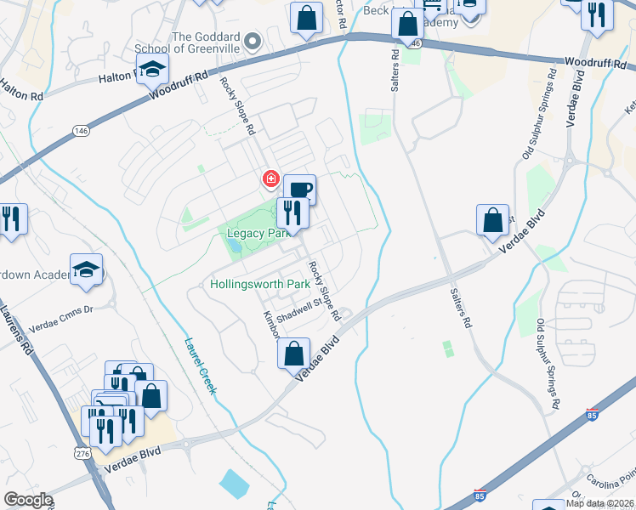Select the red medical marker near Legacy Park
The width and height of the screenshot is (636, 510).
pyautogui.click(x=270, y=179)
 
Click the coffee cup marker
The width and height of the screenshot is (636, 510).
pyautogui.click(x=299, y=189)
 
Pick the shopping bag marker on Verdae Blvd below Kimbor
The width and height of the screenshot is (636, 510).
pyautogui.click(x=294, y=352)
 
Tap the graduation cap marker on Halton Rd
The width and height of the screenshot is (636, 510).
pyautogui.click(x=152, y=70)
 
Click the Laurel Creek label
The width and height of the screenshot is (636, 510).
pyautogui.click(x=202, y=365)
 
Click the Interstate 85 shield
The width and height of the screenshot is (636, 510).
pyautogui.click(x=593, y=415)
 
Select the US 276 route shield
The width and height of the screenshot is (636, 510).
pyautogui.click(x=82, y=456)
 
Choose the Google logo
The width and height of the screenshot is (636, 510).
pyautogui.click(x=28, y=500)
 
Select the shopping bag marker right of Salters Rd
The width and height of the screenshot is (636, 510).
pyautogui.click(x=493, y=220)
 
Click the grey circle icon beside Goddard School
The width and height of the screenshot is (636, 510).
pyautogui.click(x=252, y=41)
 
